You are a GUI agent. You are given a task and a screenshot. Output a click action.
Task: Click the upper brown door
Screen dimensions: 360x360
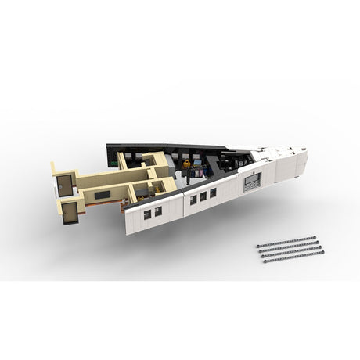(64, 185)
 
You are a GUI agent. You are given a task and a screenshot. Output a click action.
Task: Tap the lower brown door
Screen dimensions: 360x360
(70, 211)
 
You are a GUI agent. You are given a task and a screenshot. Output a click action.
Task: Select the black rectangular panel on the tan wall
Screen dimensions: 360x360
(103, 194)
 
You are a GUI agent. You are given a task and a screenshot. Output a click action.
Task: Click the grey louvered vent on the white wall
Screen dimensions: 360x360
(252, 182)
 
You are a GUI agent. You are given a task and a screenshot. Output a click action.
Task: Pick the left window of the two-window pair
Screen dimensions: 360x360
(147, 214)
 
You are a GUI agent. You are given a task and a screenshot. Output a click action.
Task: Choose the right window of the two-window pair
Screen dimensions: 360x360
(157, 211)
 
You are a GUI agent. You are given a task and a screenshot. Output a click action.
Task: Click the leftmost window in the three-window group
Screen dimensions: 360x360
(193, 200)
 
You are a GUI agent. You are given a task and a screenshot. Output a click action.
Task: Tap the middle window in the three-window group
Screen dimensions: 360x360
(203, 196)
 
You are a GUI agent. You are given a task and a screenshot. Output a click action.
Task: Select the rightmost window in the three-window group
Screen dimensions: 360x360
(212, 193)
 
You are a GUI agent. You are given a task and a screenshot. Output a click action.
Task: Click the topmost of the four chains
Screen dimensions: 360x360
(286, 241)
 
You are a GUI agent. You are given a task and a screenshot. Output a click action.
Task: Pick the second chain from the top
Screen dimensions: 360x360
(289, 246)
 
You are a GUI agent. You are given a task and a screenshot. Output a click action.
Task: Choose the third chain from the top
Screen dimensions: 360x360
(291, 251)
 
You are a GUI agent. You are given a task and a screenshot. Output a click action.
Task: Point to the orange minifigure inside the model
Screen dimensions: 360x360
(186, 165)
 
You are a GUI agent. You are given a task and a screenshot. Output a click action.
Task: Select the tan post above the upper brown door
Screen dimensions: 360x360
(53, 168)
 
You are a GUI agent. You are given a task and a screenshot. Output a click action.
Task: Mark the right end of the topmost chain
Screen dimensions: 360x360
(314, 236)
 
